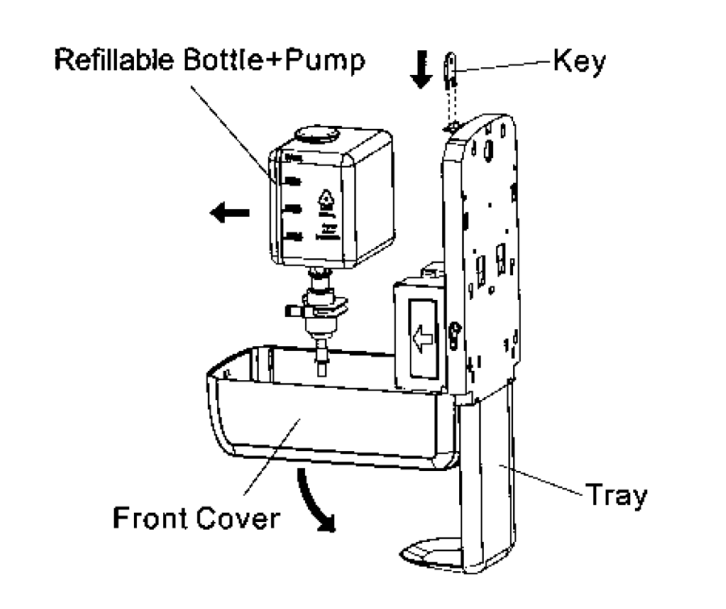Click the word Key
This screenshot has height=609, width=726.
[578, 62]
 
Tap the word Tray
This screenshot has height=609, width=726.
[615, 495]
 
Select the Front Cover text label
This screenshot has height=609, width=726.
[196, 517]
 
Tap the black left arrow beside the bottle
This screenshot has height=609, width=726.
[228, 214]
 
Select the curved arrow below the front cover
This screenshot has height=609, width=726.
[315, 501]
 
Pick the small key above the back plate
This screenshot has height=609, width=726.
[451, 69]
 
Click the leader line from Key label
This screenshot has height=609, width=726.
[504, 65]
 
